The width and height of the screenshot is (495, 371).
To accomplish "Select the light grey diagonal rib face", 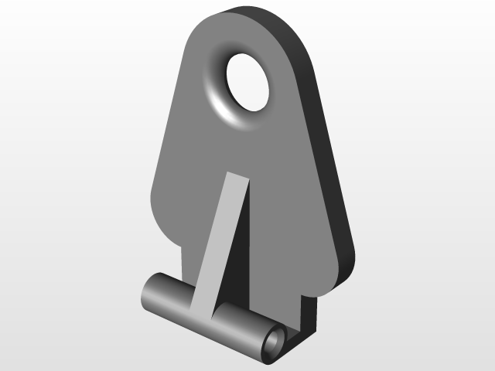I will click(220, 240).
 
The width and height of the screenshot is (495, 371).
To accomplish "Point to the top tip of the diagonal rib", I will click(237, 179).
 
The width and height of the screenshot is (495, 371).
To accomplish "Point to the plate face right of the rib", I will click(286, 232).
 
